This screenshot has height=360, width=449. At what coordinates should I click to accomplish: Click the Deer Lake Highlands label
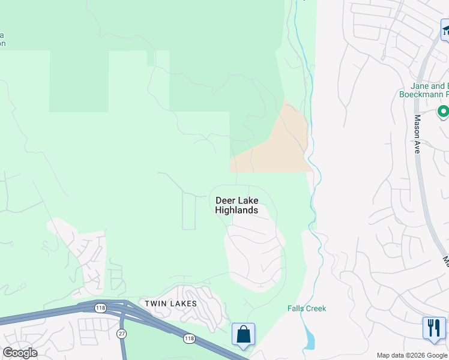[237, 205]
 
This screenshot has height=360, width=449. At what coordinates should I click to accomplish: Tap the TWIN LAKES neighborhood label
[170, 304]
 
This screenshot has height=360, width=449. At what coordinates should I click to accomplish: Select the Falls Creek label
[306, 308]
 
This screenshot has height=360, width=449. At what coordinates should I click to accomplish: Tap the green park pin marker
[443, 112]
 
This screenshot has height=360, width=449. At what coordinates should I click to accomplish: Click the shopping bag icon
[244, 334]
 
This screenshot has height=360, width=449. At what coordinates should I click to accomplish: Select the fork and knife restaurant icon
[434, 328]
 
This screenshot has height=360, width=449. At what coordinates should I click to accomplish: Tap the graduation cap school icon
[445, 29]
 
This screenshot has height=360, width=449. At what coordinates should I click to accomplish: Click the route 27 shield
[122, 333]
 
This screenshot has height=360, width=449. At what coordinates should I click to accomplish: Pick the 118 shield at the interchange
[99, 308]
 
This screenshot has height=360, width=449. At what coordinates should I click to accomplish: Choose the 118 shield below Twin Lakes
[189, 339]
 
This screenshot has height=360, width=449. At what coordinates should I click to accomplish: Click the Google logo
[20, 353]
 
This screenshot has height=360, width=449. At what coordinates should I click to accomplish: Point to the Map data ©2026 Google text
[412, 355]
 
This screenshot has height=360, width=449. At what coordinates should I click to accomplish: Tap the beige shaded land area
[276, 144]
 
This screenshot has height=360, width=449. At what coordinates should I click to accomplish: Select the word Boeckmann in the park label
[423, 94]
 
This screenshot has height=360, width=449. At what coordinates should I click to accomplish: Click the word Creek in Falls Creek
[315, 308]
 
